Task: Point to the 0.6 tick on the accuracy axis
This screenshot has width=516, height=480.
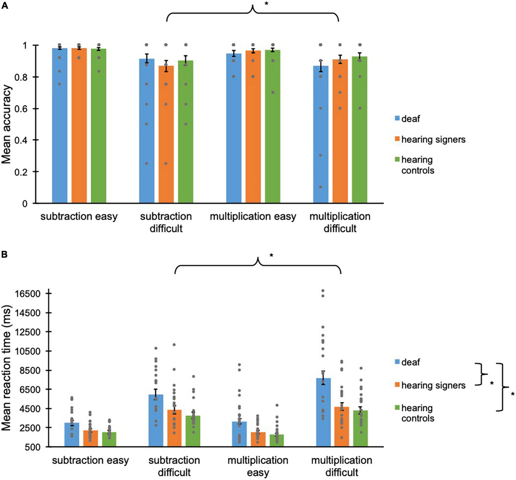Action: [x=27, y=109]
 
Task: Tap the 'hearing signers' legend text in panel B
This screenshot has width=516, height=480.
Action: [x=433, y=385]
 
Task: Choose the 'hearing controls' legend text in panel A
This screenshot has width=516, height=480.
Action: [x=418, y=165]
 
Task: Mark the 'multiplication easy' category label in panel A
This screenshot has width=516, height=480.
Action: [x=253, y=217]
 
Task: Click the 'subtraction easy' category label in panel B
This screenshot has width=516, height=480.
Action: [x=91, y=461]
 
